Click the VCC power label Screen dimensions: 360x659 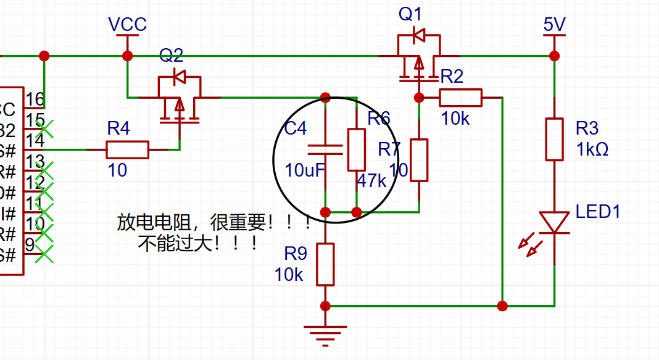(x=127, y=24)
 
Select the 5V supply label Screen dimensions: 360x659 (x=554, y=24)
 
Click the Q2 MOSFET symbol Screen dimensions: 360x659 (x=180, y=99)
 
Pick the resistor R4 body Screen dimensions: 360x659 (x=128, y=149)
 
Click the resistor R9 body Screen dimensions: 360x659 (x=325, y=264)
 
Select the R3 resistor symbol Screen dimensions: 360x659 (x=554, y=139)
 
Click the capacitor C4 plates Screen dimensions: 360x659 (x=325, y=149)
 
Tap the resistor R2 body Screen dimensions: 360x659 (x=460, y=98)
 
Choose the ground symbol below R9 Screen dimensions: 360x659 (x=326, y=333)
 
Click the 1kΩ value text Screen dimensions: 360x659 (x=592, y=149)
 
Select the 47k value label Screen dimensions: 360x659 (x=371, y=181)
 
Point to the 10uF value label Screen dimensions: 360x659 (x=304, y=170)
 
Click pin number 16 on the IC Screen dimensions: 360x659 (x=35, y=99)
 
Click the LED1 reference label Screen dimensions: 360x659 (x=597, y=212)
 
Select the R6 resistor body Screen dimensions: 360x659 (x=357, y=149)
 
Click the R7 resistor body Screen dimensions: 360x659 (x=419, y=160)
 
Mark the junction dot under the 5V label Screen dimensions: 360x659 (x=554, y=56)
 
